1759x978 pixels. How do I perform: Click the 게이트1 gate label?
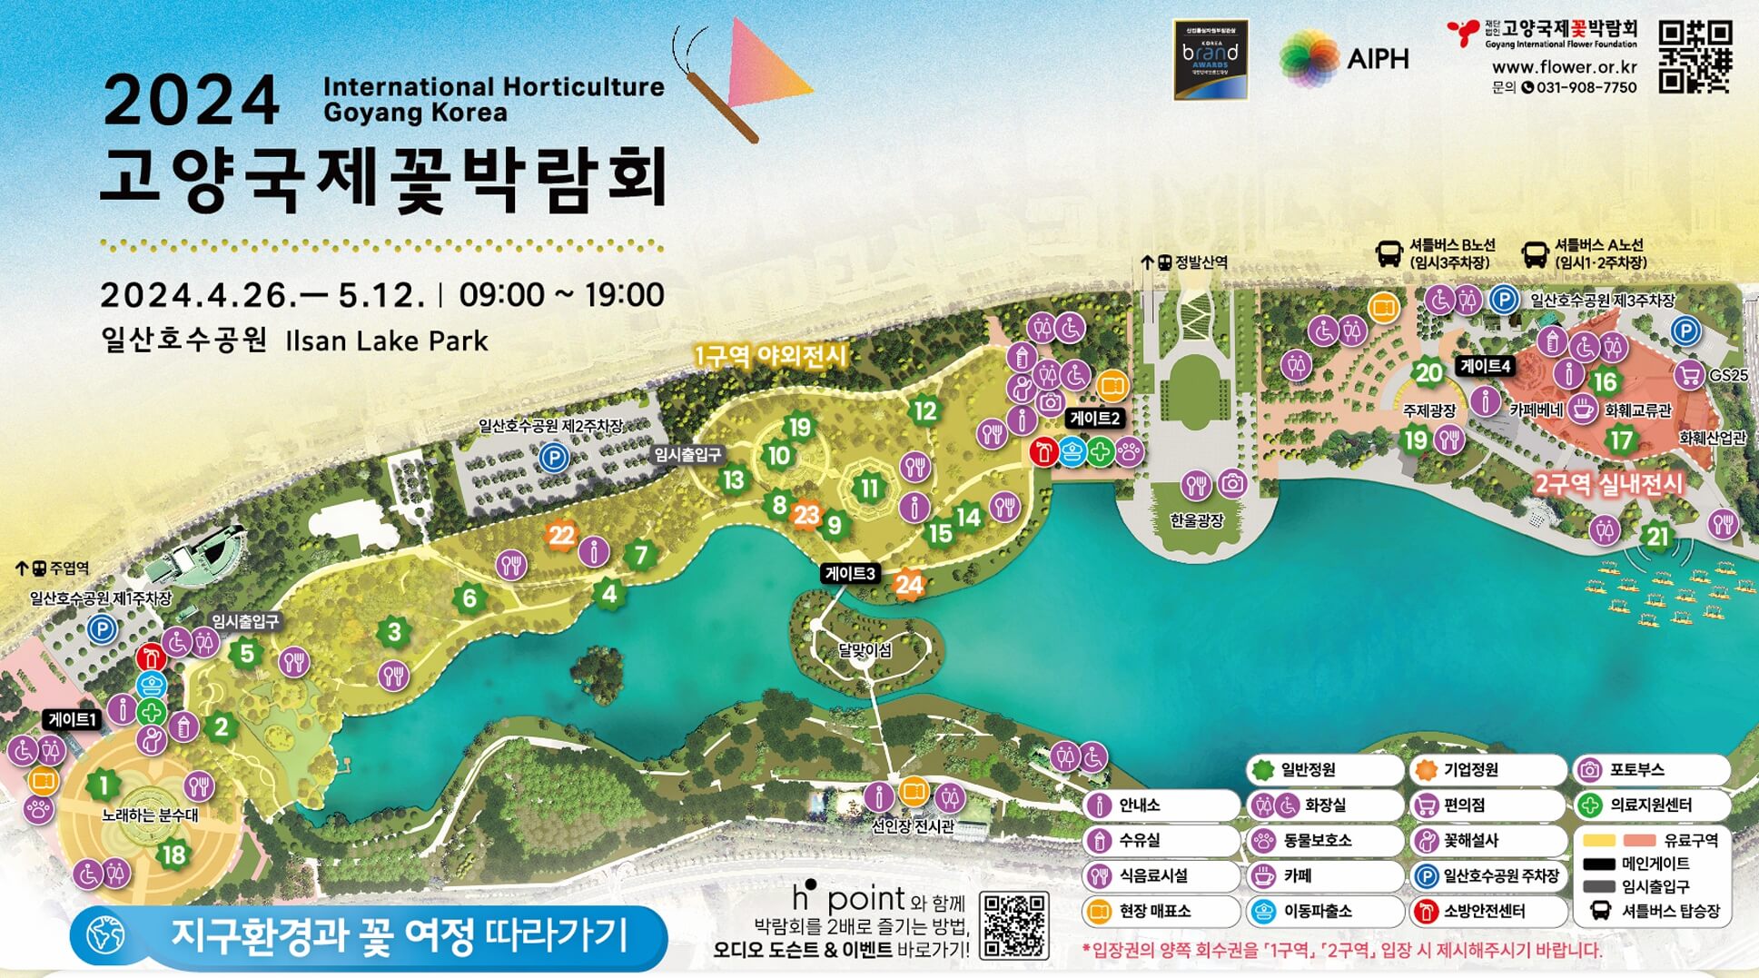[x=72, y=719]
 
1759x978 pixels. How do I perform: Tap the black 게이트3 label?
[x=850, y=573]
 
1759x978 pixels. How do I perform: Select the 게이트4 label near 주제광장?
[x=1486, y=366]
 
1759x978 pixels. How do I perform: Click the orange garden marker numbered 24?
[x=909, y=585]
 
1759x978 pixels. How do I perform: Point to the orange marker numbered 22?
[x=561, y=535]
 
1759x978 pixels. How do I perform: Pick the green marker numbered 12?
[x=924, y=411]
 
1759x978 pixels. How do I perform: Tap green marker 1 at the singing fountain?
[x=104, y=785]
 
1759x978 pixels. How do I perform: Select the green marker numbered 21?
[x=1658, y=536]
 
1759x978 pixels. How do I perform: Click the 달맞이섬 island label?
[x=865, y=650]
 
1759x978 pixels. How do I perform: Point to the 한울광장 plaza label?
[x=1196, y=520]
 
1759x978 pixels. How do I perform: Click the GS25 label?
[x=1728, y=375]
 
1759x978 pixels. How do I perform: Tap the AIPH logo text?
[x=1378, y=59]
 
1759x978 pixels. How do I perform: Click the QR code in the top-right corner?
[x=1695, y=57]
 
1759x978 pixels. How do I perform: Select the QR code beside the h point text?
[x=1014, y=924]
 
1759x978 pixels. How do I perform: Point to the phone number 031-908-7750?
[x=1586, y=88]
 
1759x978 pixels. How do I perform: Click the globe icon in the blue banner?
[x=106, y=935]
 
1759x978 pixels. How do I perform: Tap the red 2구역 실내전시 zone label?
[x=1608, y=484]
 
